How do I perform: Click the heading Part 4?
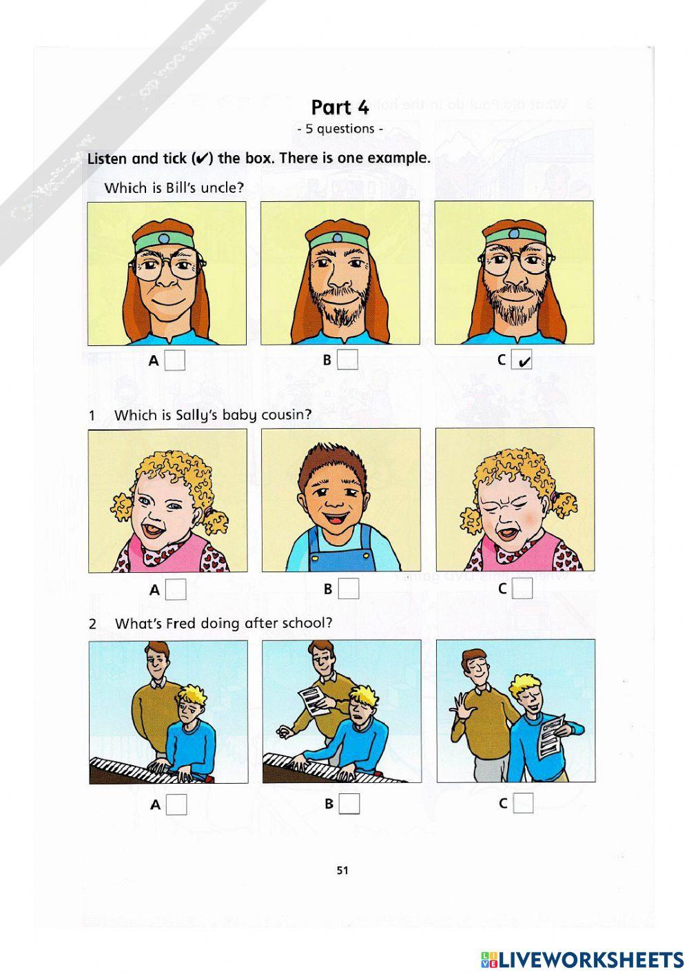pos(340,108)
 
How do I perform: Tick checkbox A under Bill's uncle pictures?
pos(175,360)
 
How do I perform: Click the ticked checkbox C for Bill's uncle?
pos(522,360)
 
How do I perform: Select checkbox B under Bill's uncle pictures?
pos(348,360)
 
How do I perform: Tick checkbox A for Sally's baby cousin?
pos(176,589)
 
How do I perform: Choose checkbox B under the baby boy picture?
pos(349,589)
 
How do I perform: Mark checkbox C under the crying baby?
pos(523,589)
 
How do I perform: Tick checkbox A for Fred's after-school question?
pos(176,804)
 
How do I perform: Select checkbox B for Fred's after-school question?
pos(349,804)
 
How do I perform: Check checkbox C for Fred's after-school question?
pos(524,803)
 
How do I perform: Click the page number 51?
pos(342,870)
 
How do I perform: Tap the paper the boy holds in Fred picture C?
pos(552,735)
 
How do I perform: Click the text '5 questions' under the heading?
pos(340,129)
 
